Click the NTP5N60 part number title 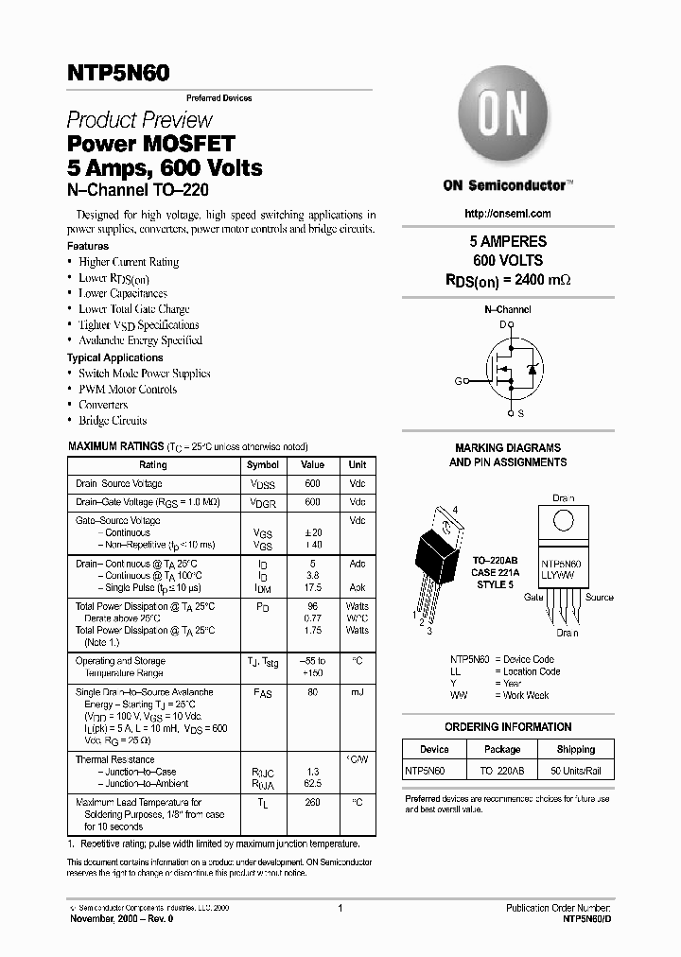(118, 74)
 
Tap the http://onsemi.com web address (508, 214)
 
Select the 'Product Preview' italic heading (139, 120)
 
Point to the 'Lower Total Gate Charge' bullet (133, 309)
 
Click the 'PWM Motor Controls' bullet (128, 389)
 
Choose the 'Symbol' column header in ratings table (262, 465)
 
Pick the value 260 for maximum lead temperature (312, 803)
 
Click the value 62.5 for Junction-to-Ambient (312, 783)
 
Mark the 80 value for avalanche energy (312, 692)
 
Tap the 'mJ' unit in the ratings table (357, 692)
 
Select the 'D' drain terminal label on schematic (502, 324)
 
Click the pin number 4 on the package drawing (455, 511)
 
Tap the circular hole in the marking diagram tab (563, 520)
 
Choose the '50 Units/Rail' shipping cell (575, 771)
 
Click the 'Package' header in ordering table (501, 749)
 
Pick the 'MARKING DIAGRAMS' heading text (508, 448)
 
